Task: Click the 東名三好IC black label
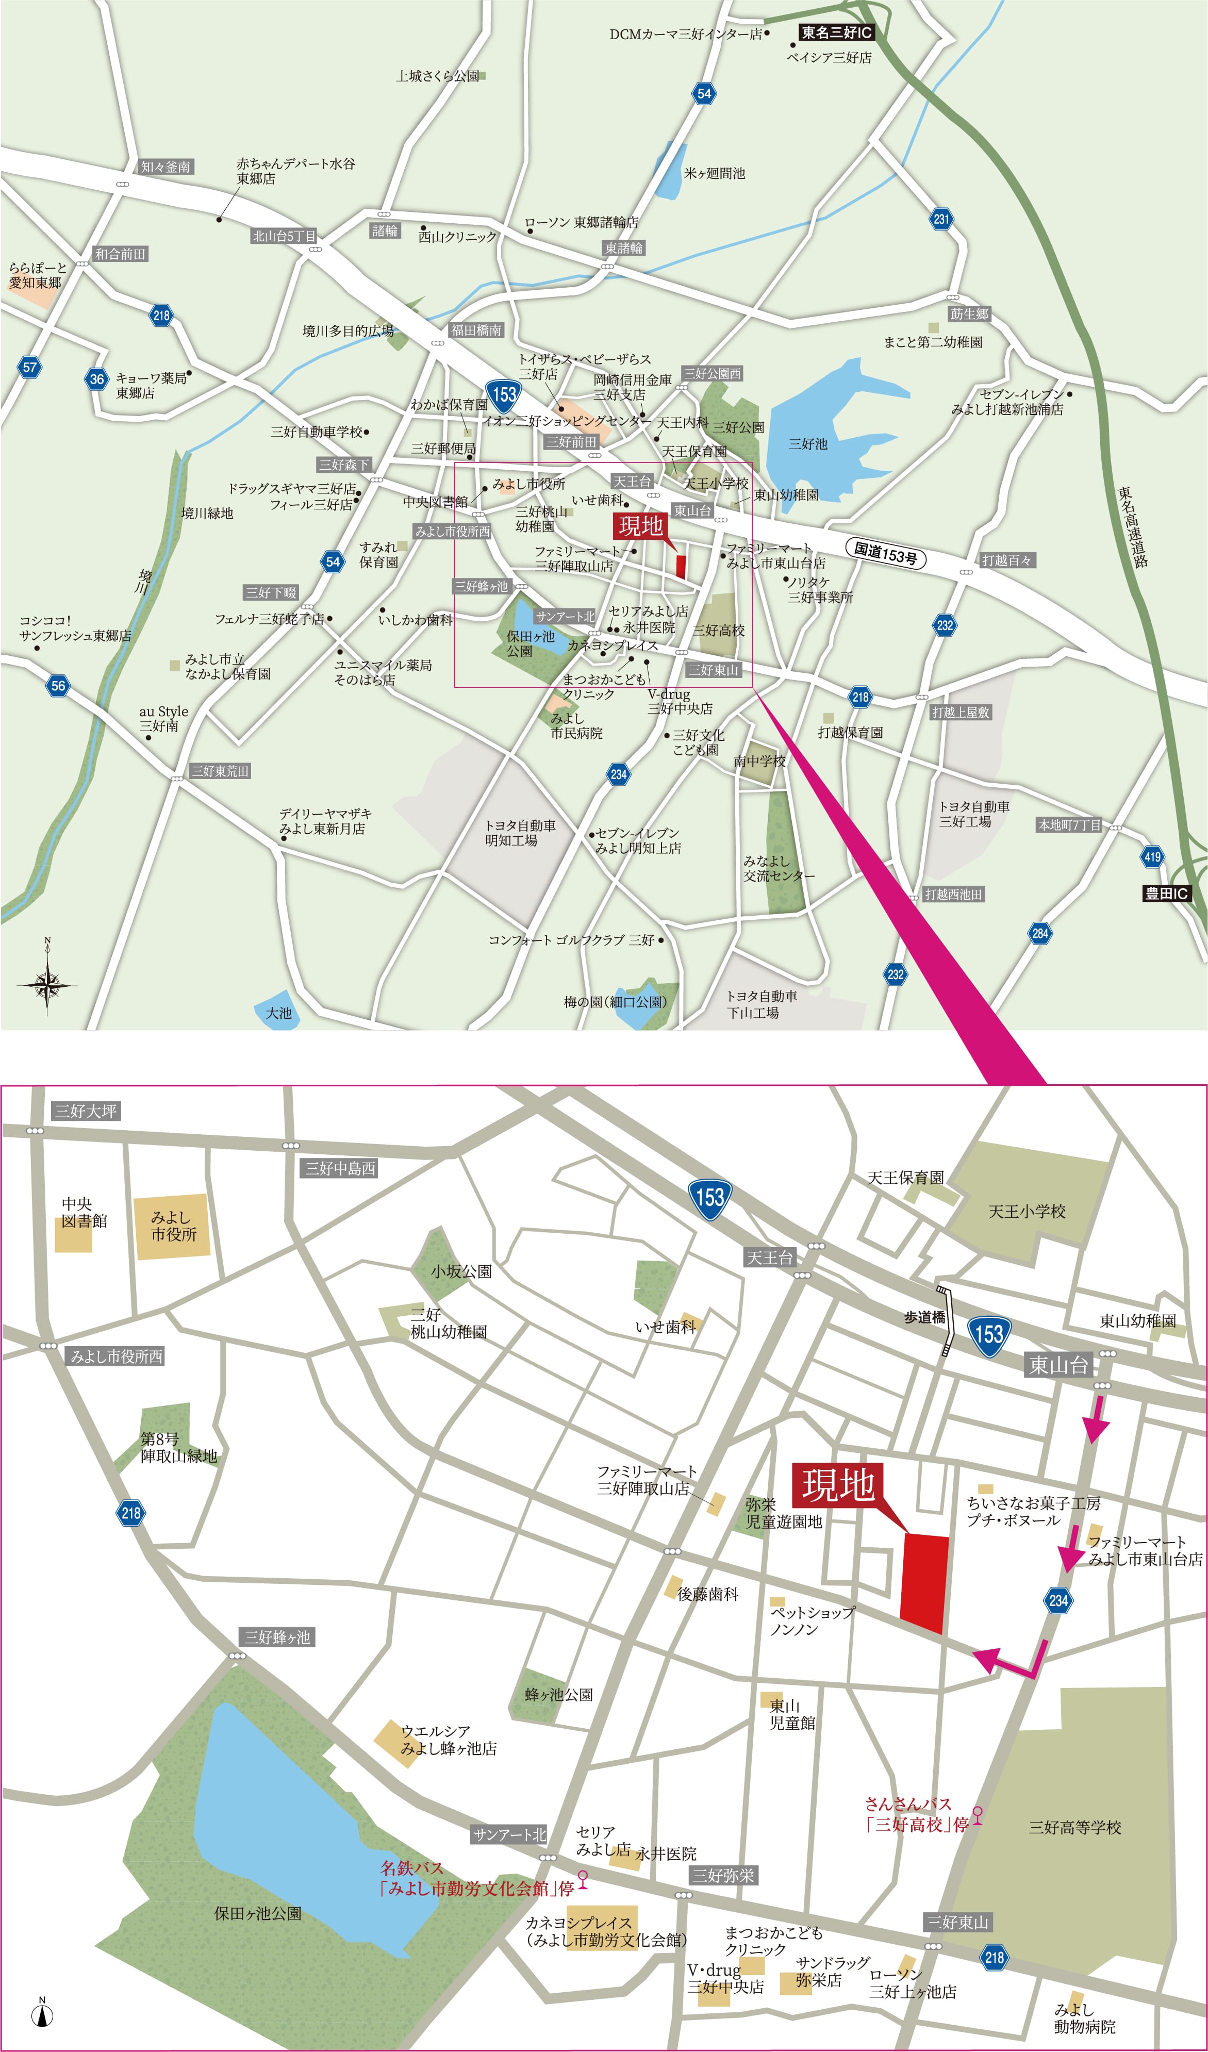pos(836,32)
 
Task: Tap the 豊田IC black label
pos(1166,893)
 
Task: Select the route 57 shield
pos(29,367)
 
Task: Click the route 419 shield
pos(1153,856)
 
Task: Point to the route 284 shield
pos(1039,933)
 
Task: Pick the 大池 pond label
pos(278,1013)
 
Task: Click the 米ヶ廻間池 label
pos(714,173)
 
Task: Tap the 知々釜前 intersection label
pos(166,167)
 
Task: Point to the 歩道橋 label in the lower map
pos(924,1317)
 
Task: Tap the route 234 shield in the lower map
pos(1058,1600)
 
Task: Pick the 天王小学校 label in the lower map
pos(1027,1212)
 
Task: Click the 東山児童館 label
pos(791,1714)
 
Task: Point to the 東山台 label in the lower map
pos(1058,1366)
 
